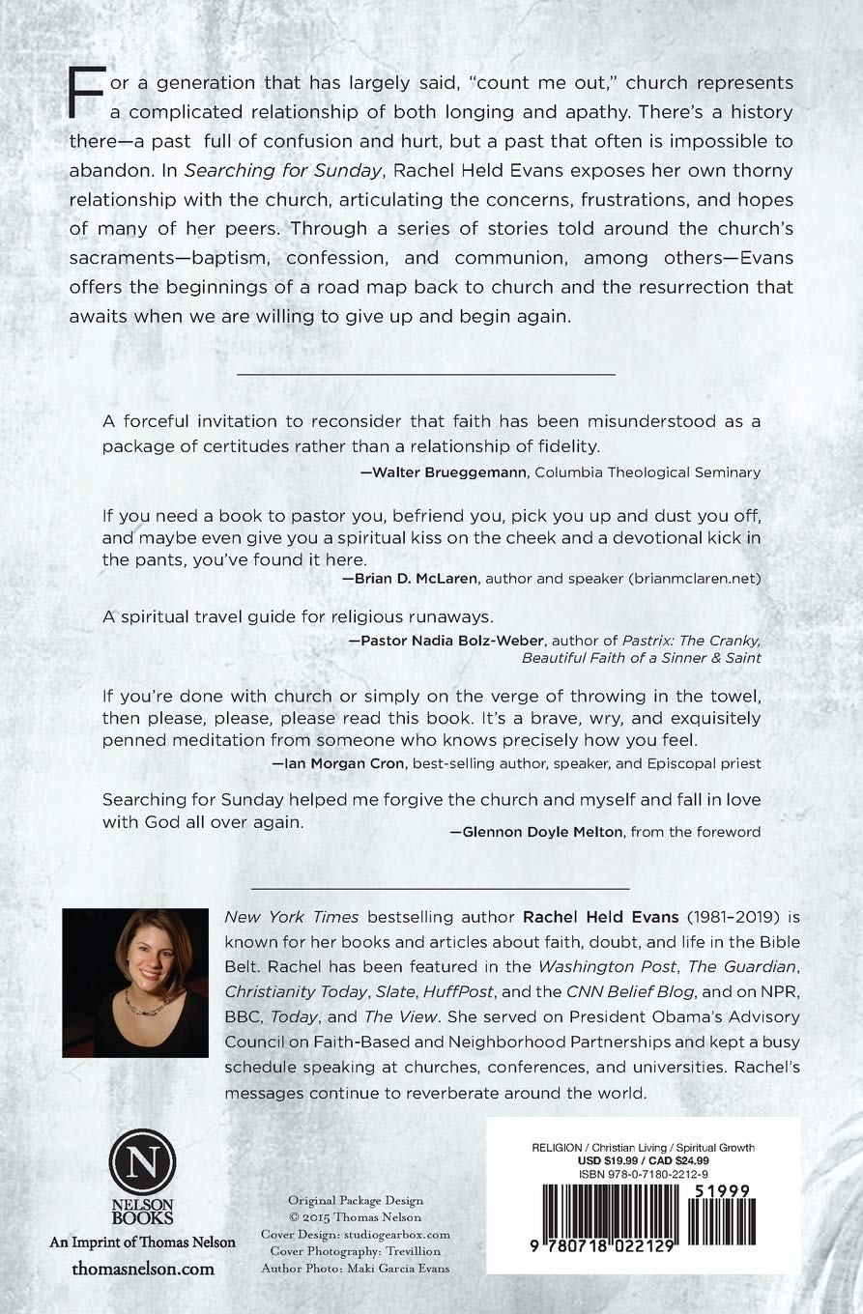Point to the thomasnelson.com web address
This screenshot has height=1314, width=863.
pyautogui.click(x=143, y=1268)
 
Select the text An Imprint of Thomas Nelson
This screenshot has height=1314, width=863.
pyautogui.click(x=143, y=1243)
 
